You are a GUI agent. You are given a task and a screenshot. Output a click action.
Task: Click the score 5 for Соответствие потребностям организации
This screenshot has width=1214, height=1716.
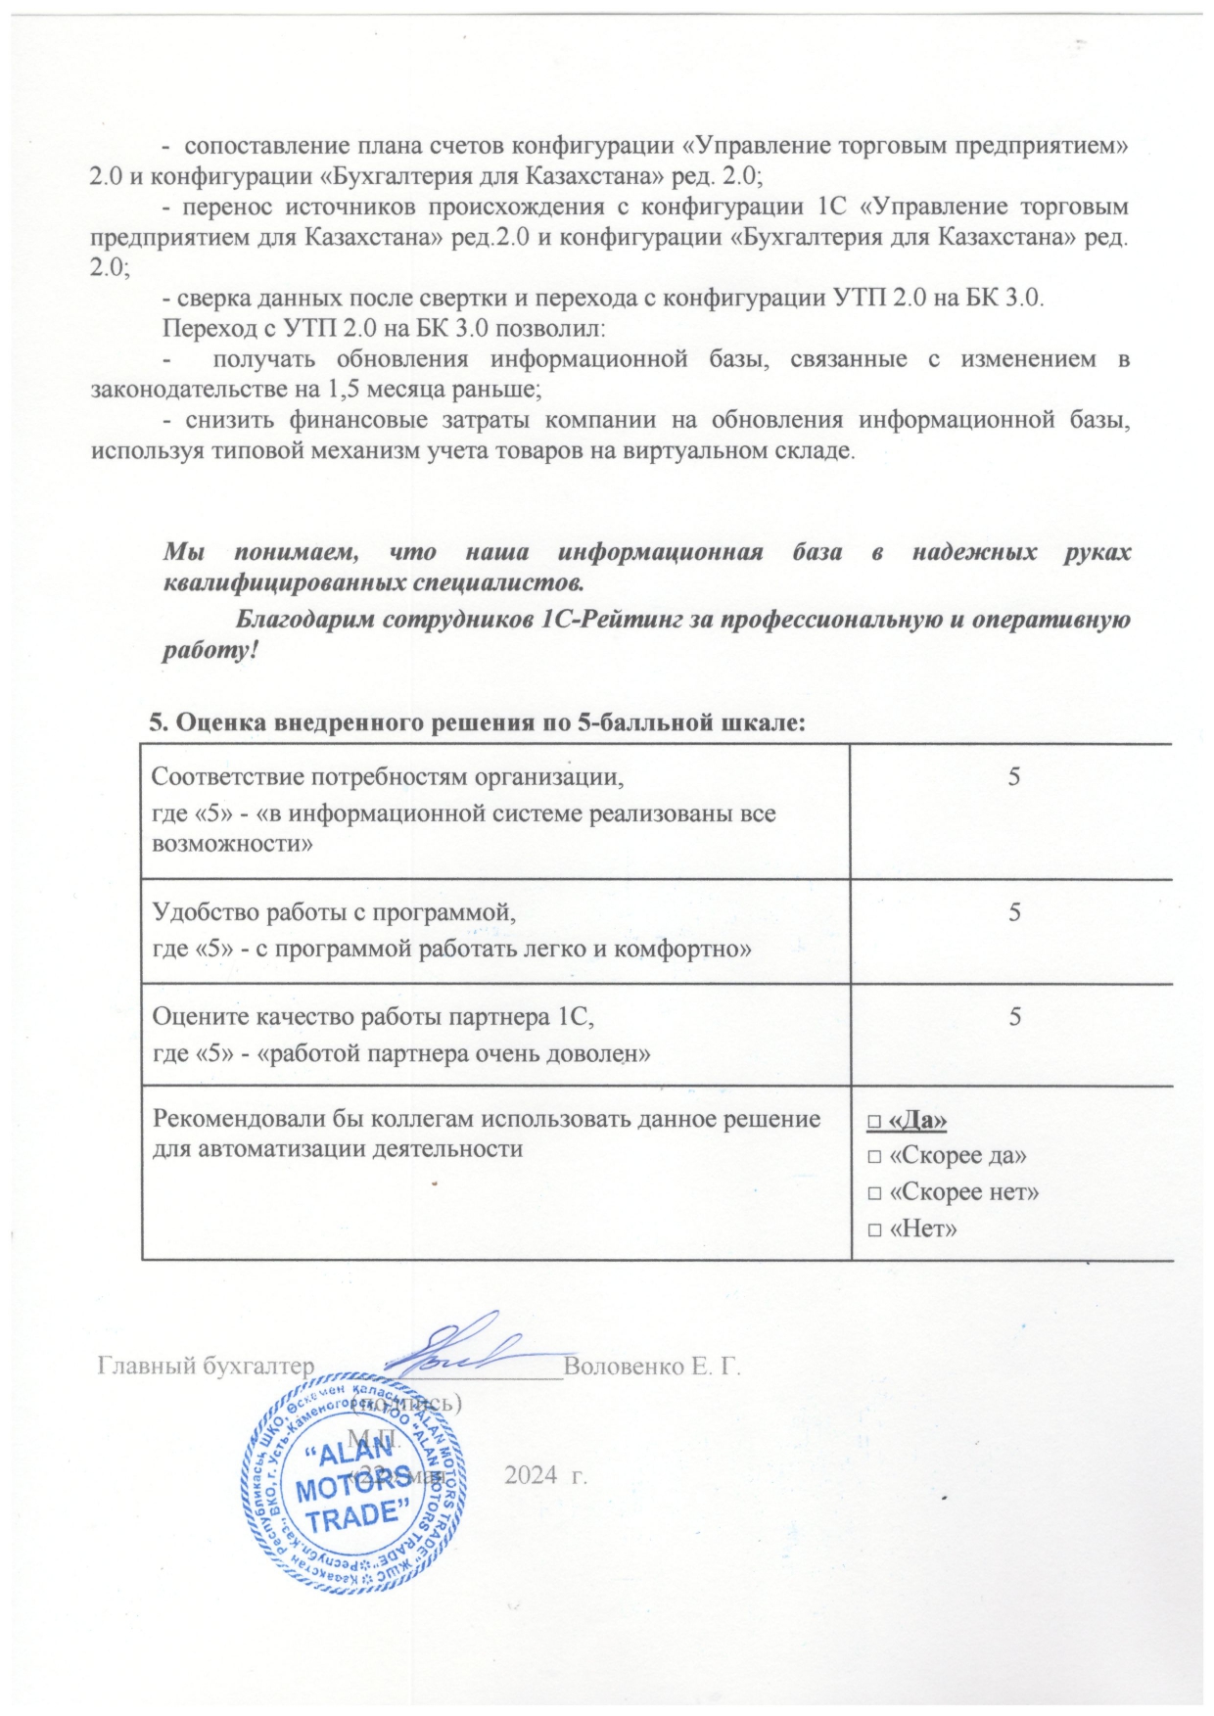coord(1015,776)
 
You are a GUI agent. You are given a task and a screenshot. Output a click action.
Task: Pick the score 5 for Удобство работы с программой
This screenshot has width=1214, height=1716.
coord(1015,911)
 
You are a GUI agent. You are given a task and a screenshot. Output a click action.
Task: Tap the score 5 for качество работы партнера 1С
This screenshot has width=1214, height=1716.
coord(1015,1016)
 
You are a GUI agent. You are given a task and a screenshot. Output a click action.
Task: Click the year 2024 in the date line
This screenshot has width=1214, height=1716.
coord(529,1475)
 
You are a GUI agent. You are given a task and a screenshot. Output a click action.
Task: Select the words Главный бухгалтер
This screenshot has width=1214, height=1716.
coord(206,1367)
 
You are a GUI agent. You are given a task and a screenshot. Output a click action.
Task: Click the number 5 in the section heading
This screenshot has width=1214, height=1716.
coord(155,723)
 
